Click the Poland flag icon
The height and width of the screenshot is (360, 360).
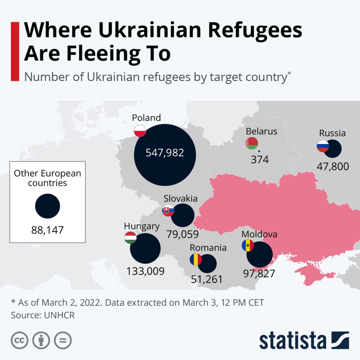[x=140, y=131]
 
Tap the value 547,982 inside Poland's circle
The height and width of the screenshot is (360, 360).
[x=165, y=153]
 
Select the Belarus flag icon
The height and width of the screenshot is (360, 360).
[x=252, y=143]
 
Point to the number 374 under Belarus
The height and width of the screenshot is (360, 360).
[x=259, y=160]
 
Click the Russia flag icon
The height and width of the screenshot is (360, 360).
[x=323, y=146]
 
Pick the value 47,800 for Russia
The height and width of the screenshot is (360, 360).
[x=333, y=166]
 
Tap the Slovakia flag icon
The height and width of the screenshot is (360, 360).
[x=168, y=210]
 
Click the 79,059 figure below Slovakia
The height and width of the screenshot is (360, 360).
[x=182, y=234]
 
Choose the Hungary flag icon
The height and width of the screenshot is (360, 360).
[x=130, y=237]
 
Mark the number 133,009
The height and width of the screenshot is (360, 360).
[x=145, y=271]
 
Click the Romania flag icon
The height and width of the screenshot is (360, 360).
[x=196, y=259]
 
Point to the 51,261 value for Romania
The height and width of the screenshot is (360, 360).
[x=207, y=279]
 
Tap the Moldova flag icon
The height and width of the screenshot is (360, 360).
[x=248, y=245]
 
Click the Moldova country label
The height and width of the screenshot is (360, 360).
[x=259, y=234]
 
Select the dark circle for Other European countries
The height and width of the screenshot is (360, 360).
[x=47, y=206]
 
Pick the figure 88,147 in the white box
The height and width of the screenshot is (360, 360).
[x=47, y=230]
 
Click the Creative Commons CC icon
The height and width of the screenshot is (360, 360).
[x=19, y=340]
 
